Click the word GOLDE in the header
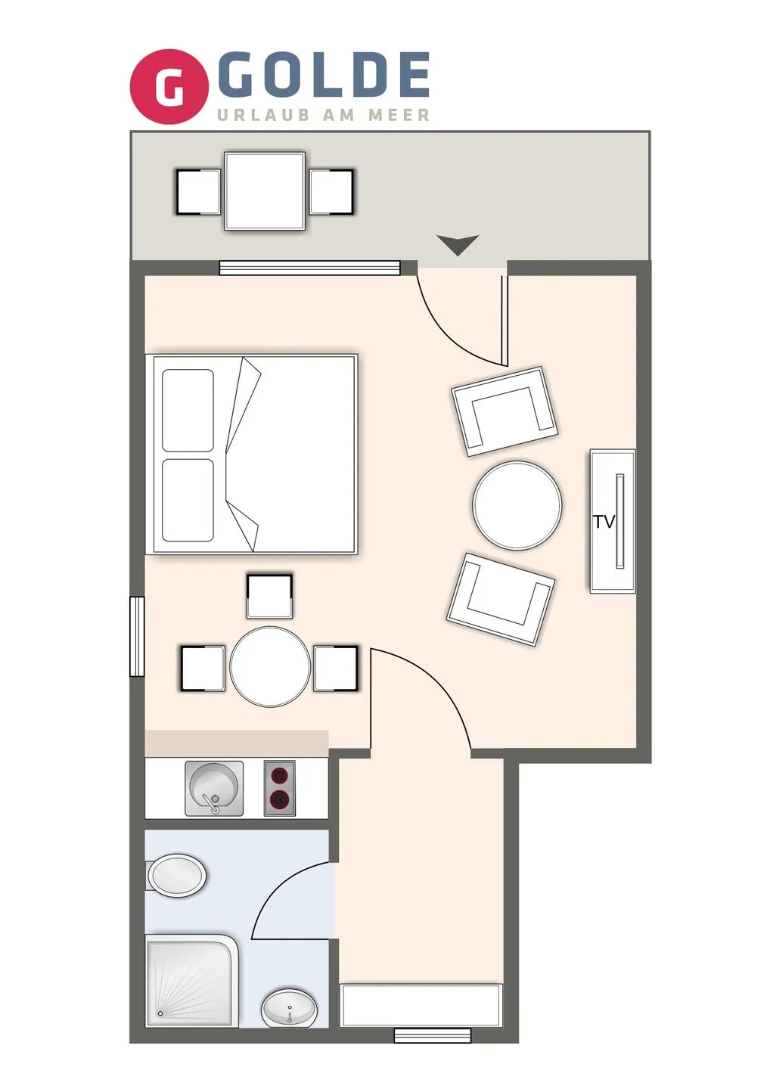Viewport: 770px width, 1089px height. click(328, 75)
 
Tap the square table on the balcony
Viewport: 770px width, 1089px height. click(265, 191)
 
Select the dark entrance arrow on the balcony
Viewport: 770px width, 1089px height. click(458, 244)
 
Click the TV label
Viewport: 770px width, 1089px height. click(604, 522)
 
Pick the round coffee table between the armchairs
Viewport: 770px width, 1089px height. click(517, 505)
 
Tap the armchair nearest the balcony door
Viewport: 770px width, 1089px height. click(505, 411)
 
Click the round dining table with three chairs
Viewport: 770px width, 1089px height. click(270, 667)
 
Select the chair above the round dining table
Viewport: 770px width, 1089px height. click(269, 596)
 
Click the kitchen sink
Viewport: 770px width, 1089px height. click(214, 788)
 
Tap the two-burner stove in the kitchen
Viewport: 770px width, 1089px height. click(280, 788)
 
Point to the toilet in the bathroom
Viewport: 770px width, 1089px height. click(175, 876)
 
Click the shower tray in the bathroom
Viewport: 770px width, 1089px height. click(191, 982)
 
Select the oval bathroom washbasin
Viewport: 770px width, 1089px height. click(290, 1008)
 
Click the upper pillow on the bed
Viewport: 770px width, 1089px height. click(188, 411)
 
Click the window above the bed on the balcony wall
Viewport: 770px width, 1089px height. click(309, 268)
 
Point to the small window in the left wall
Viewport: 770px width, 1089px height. click(137, 636)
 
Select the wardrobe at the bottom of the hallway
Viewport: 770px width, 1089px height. click(421, 1005)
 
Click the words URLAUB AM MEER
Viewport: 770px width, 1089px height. click(324, 116)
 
